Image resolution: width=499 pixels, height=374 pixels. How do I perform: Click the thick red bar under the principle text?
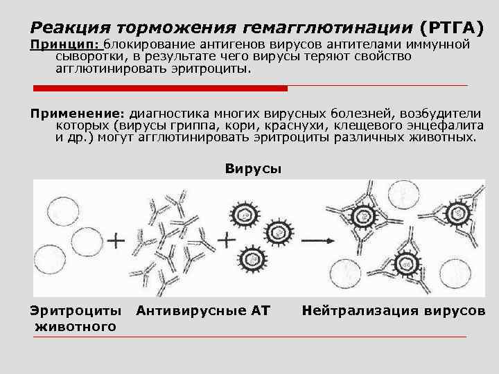(x=160, y=88)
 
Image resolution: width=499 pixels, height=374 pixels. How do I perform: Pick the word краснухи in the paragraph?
(x=275, y=125)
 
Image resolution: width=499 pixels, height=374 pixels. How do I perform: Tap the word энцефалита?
(x=434, y=125)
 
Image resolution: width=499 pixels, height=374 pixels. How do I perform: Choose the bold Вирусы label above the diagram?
(x=253, y=168)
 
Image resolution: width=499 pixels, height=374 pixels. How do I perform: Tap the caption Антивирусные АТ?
(x=203, y=310)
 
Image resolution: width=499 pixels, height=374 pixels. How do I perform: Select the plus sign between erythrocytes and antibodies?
(x=116, y=242)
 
